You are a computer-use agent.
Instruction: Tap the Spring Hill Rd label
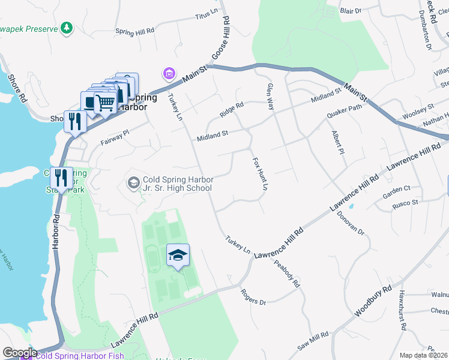(x=134, y=30)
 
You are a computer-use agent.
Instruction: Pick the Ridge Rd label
(x=231, y=106)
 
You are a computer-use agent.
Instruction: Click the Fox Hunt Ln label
(x=259, y=174)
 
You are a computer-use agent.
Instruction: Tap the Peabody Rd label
(x=286, y=274)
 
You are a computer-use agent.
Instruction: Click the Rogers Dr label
(x=253, y=296)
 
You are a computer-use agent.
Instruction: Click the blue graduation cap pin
(x=178, y=256)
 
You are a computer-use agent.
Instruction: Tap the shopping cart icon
(x=106, y=103)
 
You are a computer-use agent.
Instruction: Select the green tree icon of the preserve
(x=66, y=28)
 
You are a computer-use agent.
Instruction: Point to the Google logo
(x=20, y=353)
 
